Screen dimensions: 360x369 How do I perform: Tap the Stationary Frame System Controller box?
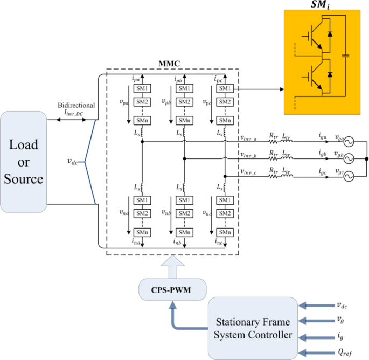click(x=253, y=329)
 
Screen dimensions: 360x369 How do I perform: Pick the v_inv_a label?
click(x=252, y=138)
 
